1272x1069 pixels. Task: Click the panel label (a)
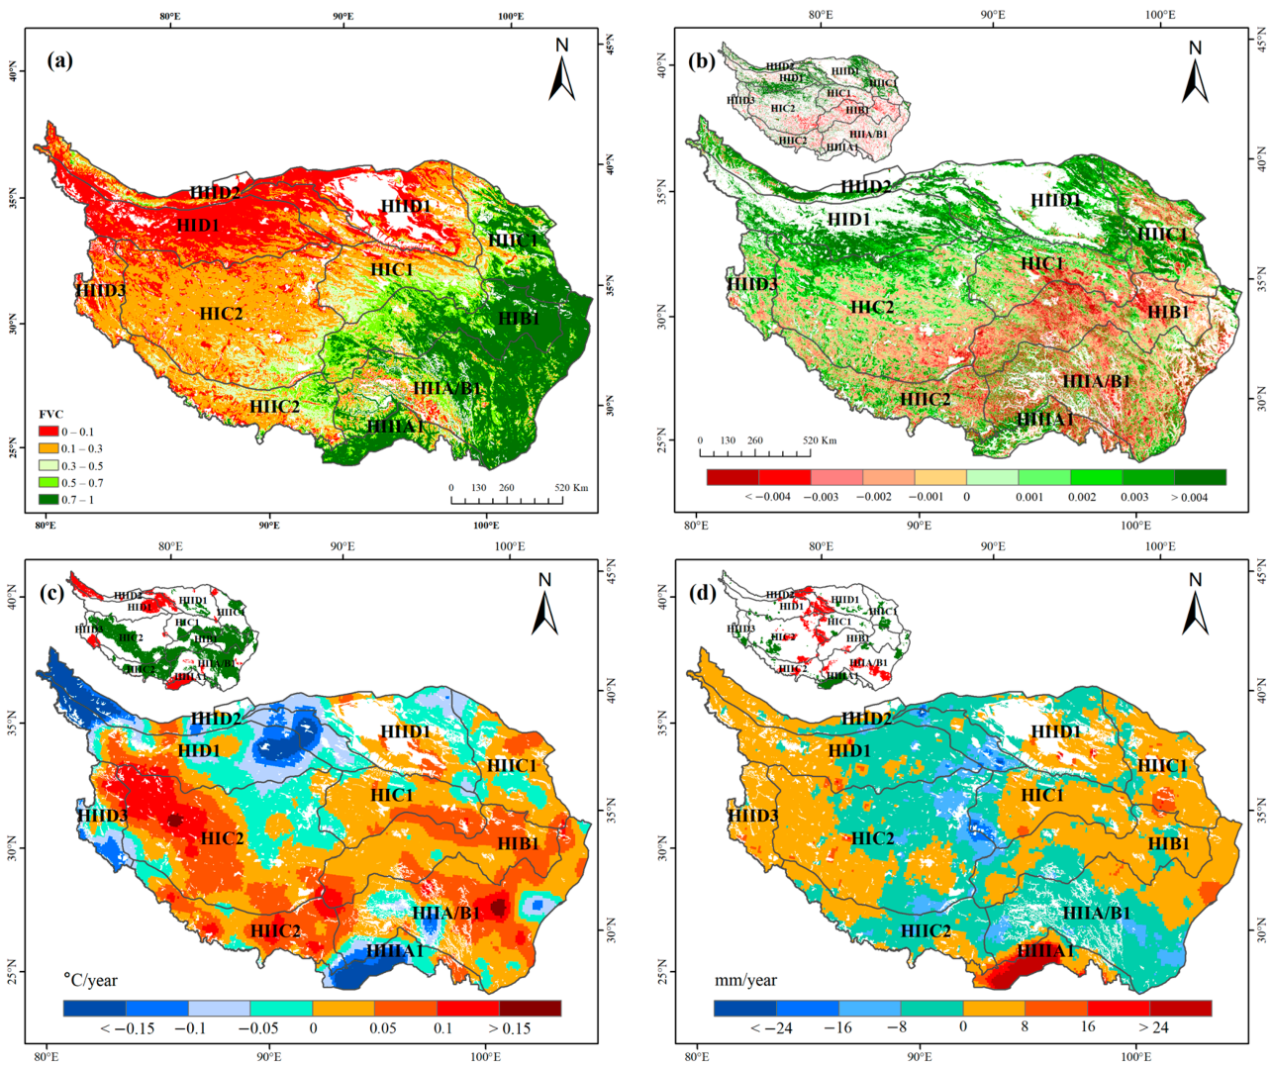coord(59,61)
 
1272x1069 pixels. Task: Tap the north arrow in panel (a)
coord(562,69)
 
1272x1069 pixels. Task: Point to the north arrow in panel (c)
coord(544,604)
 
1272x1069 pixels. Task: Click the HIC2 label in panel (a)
coord(221,314)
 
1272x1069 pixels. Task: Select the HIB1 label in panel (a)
coord(518,318)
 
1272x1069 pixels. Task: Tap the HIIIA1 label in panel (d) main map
coord(1044,951)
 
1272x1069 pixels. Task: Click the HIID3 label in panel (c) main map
coord(102,816)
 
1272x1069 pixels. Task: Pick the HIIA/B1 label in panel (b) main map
coord(1095,381)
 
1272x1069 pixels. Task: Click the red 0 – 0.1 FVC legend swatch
coord(49,433)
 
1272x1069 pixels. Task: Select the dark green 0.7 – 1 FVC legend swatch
coord(49,500)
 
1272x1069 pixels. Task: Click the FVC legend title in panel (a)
coord(50,414)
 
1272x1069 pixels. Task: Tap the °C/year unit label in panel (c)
coord(90,980)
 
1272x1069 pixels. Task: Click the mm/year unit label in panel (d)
coord(745,980)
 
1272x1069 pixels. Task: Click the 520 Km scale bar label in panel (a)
coord(571,488)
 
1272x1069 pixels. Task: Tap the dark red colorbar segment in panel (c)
coord(530,1008)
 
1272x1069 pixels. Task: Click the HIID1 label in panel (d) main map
coord(1054,731)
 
